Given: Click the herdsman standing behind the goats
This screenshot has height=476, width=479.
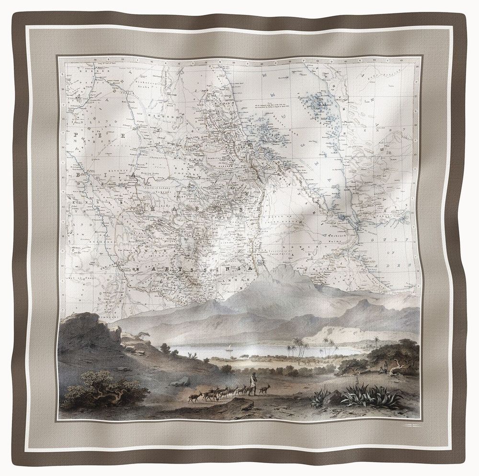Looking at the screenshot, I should [252, 384].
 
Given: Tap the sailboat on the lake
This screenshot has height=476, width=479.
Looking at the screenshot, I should [231, 351].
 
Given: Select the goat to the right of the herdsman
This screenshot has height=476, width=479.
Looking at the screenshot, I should [264, 389].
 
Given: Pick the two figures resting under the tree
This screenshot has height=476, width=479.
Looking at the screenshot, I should [383, 369].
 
